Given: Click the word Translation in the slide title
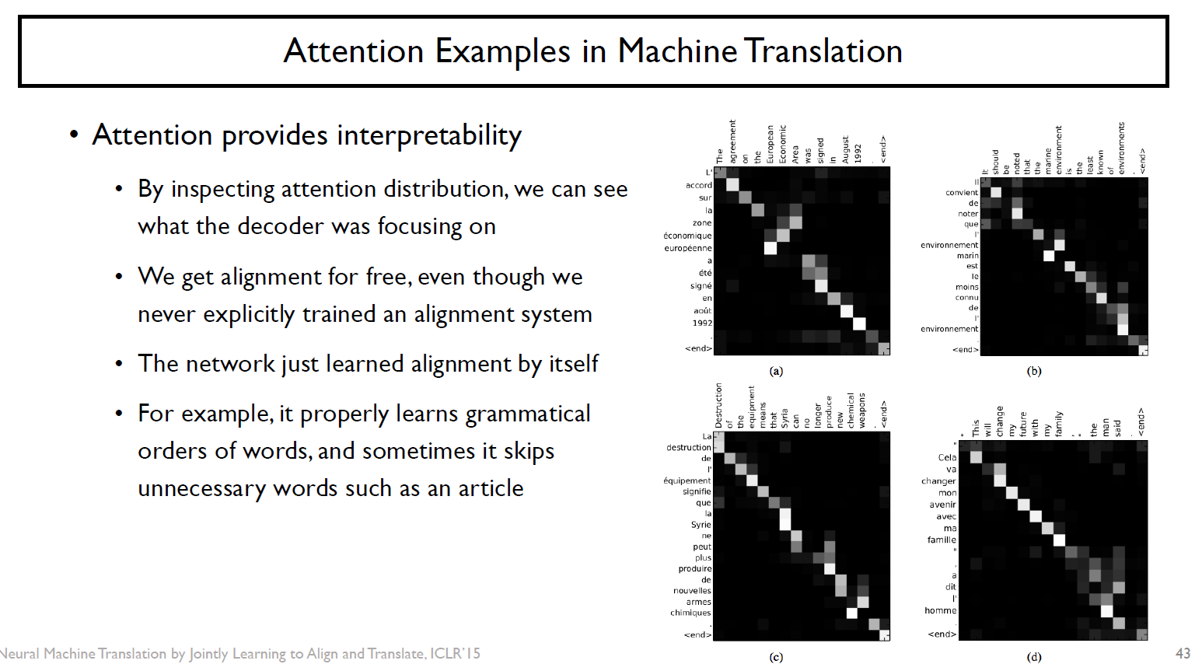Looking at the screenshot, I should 824,51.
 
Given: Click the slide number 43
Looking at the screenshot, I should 1183,654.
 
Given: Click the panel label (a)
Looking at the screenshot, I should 776,371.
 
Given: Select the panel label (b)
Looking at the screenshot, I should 1033,371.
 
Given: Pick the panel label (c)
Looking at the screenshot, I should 776,657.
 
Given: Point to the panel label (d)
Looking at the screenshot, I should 1033,657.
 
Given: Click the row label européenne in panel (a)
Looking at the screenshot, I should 687,248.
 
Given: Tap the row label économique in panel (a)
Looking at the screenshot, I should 687,236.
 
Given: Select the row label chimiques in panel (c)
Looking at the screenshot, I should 690,613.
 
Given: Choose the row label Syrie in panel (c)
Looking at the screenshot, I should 701,525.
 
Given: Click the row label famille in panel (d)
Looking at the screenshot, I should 942,540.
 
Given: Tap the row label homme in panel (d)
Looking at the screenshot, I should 940,610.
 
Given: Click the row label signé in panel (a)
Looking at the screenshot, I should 701,285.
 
